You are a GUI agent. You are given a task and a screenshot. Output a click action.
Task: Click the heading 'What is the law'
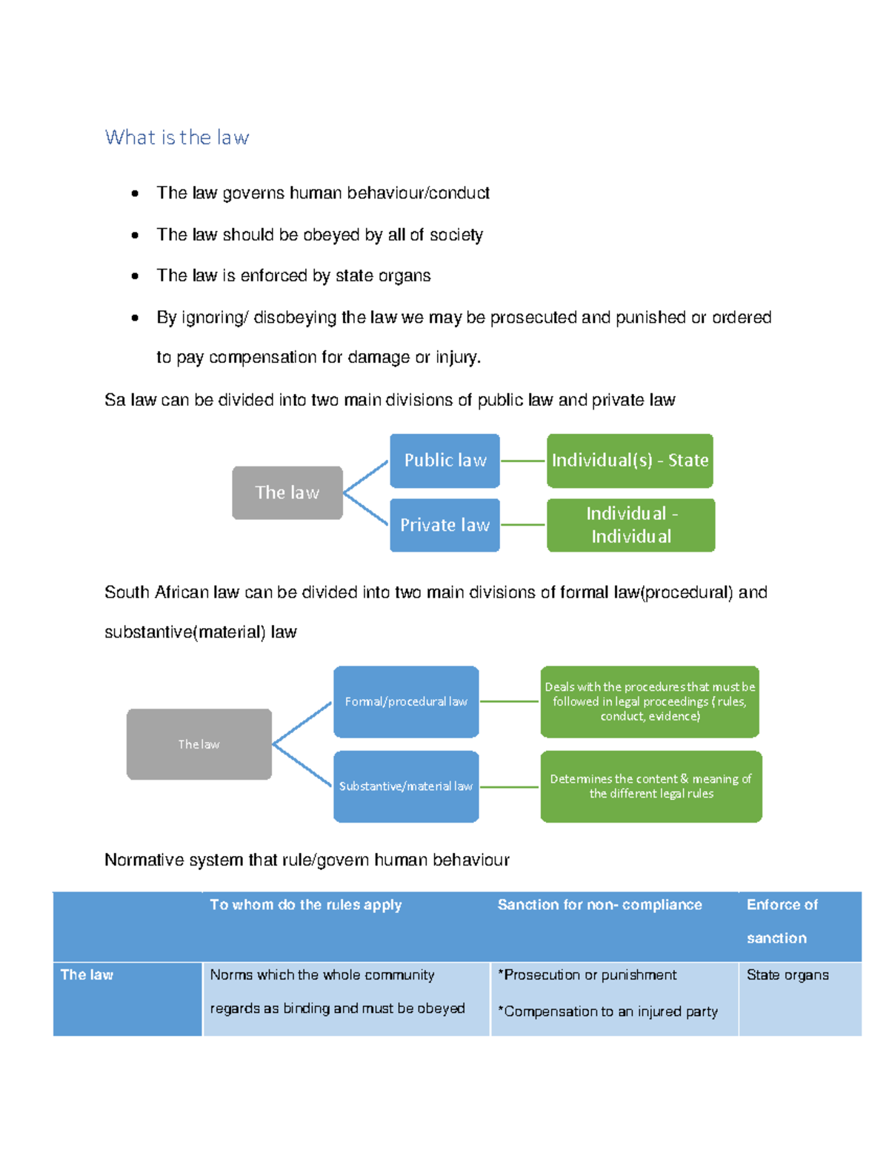177,138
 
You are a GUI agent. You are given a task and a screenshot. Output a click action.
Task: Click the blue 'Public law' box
444,461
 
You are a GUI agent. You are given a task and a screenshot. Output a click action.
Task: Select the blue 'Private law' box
444,525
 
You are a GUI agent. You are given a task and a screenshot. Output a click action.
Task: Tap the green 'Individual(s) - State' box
630,461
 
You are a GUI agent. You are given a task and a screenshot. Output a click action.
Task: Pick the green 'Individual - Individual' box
630,525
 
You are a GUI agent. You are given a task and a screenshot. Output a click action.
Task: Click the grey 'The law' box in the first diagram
287,492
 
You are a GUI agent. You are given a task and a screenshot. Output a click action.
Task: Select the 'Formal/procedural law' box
406,701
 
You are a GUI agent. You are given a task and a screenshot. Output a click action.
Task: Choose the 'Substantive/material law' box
406,786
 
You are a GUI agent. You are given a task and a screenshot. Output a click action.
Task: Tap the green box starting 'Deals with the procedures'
650,701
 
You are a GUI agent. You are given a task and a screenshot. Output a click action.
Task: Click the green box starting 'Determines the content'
650,786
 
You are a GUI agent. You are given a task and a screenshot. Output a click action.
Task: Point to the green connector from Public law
523,461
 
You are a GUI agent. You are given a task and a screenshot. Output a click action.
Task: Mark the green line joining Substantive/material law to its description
510,786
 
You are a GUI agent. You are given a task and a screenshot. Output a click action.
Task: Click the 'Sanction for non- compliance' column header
599,905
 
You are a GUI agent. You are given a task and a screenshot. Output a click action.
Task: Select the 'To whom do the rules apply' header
305,905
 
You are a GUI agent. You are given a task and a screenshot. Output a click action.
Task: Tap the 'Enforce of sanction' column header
782,920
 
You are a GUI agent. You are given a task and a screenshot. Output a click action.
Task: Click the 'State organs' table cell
788,975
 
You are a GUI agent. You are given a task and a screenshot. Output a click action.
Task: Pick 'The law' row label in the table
87,975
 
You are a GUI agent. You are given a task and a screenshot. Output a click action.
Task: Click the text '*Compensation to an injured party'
607,1012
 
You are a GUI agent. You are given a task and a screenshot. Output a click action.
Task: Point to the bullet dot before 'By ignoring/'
135,318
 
